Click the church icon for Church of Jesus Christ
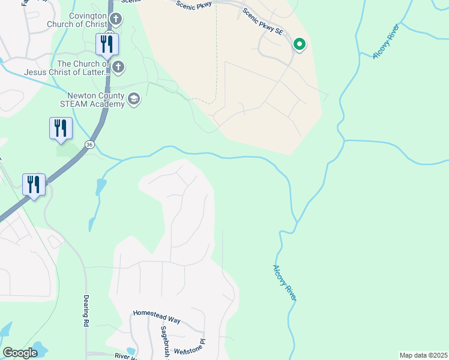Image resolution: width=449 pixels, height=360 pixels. [x=118, y=67]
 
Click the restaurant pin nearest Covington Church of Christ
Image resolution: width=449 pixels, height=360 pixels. [x=107, y=44]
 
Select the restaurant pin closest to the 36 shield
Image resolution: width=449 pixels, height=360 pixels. [x=61, y=128]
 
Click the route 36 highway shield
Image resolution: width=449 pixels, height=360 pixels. [x=89, y=145]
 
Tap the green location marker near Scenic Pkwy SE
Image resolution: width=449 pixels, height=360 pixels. [x=299, y=44]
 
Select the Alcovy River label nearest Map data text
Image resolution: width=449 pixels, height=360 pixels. [x=285, y=283]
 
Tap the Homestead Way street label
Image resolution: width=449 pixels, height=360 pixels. [x=157, y=316]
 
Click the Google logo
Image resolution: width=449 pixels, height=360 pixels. [x=20, y=353]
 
